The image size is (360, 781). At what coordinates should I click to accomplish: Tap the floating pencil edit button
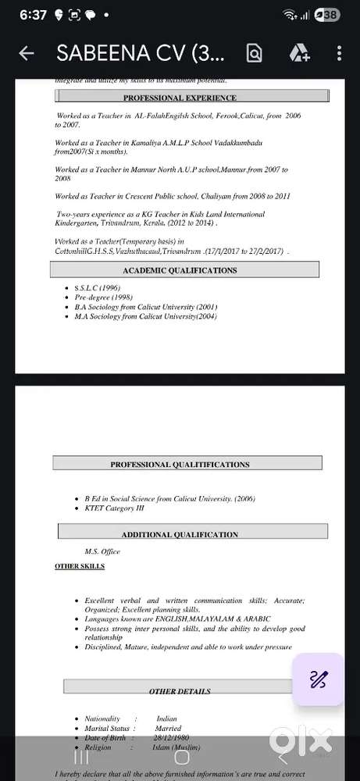[317, 679]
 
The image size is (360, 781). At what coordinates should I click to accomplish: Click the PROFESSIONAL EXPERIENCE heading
[180, 98]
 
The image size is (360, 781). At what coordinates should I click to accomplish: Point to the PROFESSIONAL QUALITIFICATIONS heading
[180, 464]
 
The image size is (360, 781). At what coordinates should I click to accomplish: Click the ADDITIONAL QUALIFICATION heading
[180, 534]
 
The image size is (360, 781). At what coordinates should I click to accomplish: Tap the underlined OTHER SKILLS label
[80, 565]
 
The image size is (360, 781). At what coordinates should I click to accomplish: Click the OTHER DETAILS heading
[180, 691]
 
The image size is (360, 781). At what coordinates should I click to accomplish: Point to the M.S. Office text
[102, 551]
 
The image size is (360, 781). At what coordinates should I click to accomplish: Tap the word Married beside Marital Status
[167, 729]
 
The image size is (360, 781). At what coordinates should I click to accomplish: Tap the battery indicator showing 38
[330, 15]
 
